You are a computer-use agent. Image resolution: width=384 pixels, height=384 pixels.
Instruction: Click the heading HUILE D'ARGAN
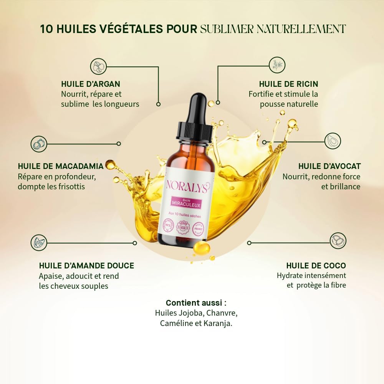[91, 84]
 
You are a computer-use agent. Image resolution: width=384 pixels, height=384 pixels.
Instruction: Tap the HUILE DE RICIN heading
[288, 84]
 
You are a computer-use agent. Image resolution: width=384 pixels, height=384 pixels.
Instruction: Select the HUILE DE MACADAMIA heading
[61, 166]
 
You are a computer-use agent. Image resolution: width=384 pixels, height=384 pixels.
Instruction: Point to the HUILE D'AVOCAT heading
[329, 166]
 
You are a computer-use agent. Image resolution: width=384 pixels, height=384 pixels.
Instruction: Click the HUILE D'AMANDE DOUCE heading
[86, 265]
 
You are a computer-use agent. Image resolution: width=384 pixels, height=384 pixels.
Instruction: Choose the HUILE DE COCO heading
[316, 265]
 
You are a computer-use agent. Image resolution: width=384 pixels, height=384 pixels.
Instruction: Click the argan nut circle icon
[98, 66]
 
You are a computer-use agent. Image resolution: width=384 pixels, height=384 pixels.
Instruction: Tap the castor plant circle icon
[277, 65]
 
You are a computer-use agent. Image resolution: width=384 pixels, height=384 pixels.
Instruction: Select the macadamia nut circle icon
[39, 144]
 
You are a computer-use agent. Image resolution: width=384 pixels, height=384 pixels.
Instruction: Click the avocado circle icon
[333, 141]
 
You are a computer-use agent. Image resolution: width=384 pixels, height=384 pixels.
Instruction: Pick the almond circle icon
[39, 243]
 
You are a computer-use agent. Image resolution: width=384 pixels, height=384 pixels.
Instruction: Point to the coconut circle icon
[338, 240]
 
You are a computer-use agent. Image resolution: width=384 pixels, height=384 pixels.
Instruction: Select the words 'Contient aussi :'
[196, 303]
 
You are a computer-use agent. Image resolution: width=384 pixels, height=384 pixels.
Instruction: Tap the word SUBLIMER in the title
[227, 29]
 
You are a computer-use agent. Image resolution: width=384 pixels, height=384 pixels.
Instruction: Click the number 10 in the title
[47, 29]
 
